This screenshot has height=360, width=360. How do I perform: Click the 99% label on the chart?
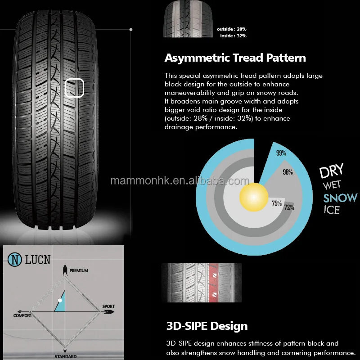tap(281, 153)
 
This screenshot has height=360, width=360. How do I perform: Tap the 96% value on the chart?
tap(288, 172)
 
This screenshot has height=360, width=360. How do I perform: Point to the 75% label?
tap(277, 203)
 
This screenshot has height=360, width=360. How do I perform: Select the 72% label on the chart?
tap(289, 207)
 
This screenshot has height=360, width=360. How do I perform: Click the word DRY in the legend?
tap(332, 171)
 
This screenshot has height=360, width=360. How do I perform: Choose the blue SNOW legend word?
tap(340, 198)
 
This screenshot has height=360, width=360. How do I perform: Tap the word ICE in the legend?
tap(331, 210)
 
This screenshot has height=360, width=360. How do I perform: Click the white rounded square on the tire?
tap(75, 88)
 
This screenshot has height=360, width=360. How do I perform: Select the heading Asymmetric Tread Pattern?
tap(235, 58)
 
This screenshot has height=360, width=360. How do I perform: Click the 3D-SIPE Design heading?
tap(207, 326)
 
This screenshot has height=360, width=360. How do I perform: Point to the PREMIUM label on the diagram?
tap(79, 271)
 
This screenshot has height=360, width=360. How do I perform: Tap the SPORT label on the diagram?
tap(108, 306)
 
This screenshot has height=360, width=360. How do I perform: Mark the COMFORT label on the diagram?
tap(22, 315)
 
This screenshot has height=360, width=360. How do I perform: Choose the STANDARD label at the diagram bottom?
tap(65, 356)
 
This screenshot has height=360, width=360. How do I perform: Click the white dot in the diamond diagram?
tap(60, 300)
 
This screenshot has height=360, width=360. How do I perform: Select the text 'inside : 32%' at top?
tap(233, 36)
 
